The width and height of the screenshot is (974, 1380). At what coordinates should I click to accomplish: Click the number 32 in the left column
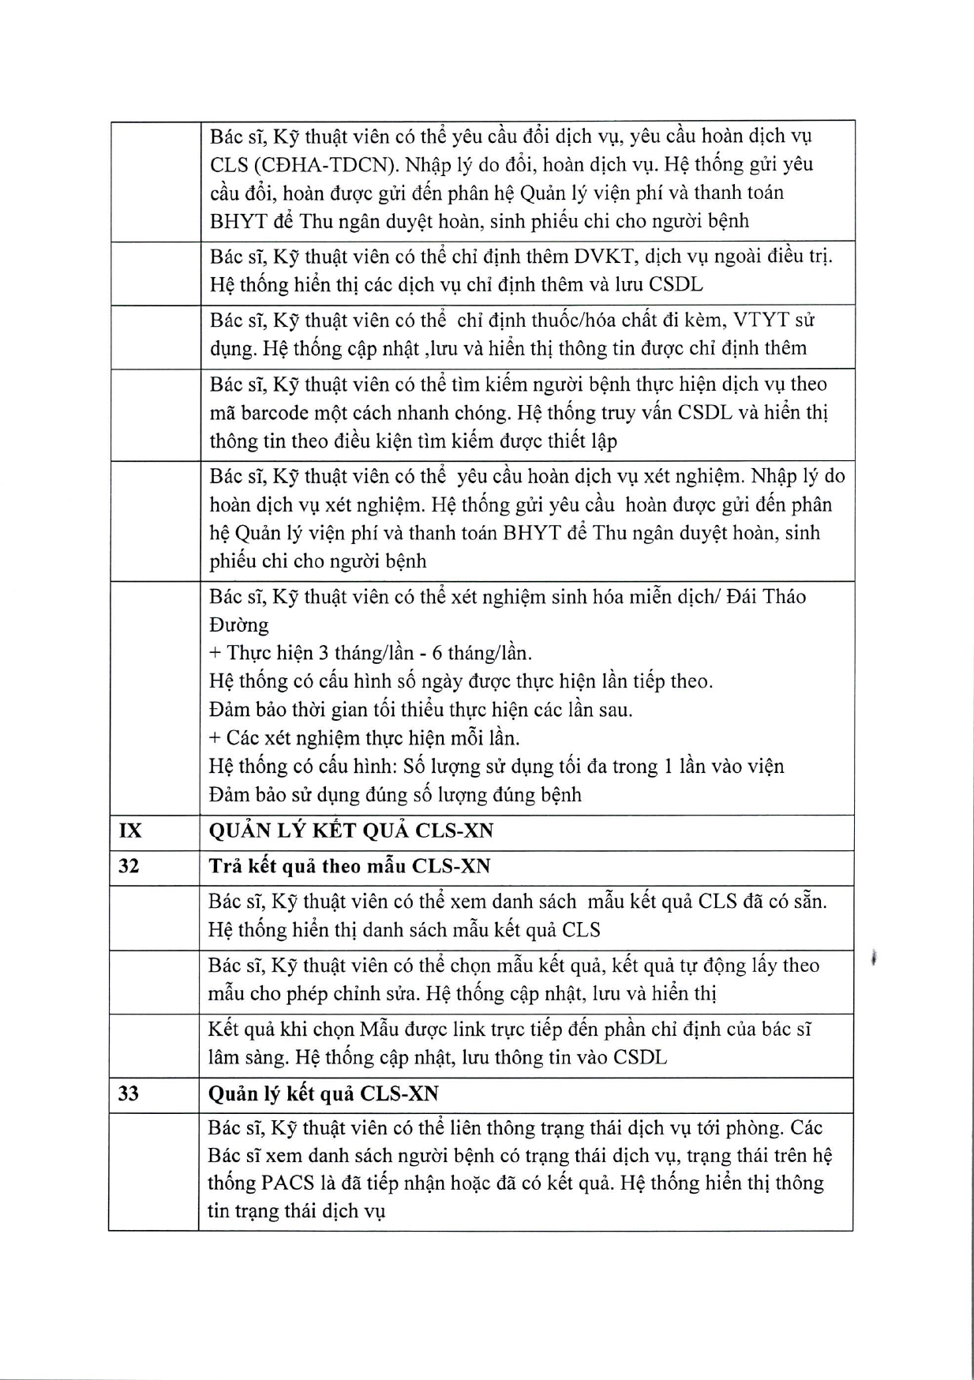coord(128,866)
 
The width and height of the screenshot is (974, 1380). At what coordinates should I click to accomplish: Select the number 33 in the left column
coord(128,1094)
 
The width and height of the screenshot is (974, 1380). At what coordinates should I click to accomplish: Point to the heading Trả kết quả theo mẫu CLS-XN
coord(349,866)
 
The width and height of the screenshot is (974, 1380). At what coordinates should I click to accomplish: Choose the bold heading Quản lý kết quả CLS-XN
coord(323,1094)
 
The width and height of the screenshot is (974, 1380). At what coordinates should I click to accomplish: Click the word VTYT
coord(762,321)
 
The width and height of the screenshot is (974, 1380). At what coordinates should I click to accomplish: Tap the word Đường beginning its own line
coord(238,625)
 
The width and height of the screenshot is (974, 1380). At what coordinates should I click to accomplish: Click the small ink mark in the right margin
coord(875,958)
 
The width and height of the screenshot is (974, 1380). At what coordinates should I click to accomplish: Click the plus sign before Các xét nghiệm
coord(214,739)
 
